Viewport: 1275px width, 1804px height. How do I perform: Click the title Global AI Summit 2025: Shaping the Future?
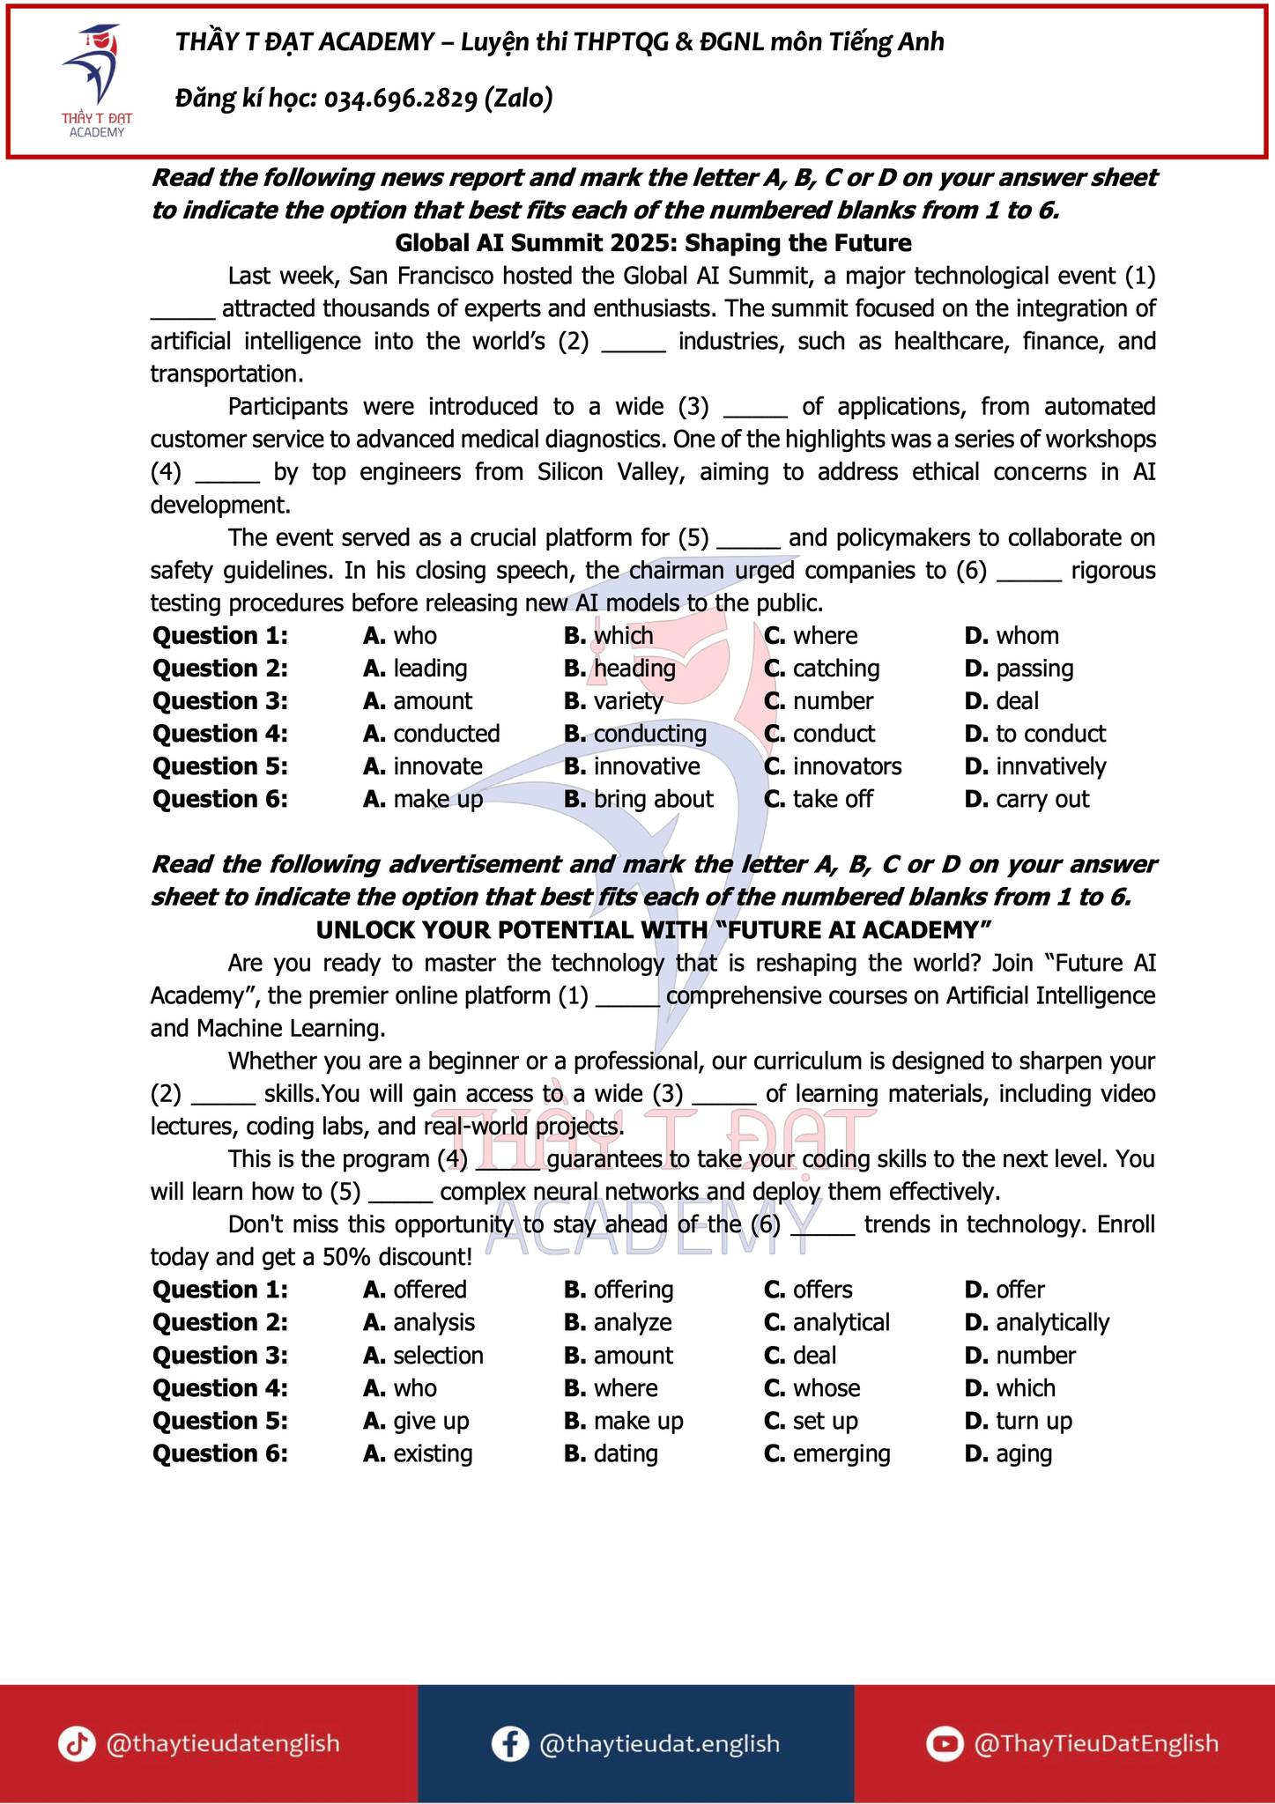[x=653, y=243]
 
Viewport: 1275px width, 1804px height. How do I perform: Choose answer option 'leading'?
[x=429, y=669]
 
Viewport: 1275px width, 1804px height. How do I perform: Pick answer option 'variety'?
[x=627, y=701]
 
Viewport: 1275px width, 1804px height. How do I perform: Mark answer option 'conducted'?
[x=446, y=734]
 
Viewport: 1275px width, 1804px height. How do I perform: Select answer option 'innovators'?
[x=847, y=766]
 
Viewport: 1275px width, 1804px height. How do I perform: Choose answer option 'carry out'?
[x=1041, y=799]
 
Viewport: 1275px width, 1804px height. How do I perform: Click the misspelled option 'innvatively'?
[x=1050, y=766]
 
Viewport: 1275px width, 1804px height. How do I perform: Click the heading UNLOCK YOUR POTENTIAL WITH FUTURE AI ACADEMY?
[x=653, y=930]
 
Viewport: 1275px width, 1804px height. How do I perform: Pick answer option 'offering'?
[x=633, y=1290]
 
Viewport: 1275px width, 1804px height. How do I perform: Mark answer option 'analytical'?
[x=841, y=1322]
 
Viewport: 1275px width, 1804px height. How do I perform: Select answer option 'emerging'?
[x=841, y=1453]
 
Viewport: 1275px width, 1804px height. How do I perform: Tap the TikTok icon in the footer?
[x=77, y=1744]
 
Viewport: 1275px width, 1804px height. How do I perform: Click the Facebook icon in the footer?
[x=509, y=1744]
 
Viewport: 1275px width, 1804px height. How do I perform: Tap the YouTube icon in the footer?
[x=945, y=1744]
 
